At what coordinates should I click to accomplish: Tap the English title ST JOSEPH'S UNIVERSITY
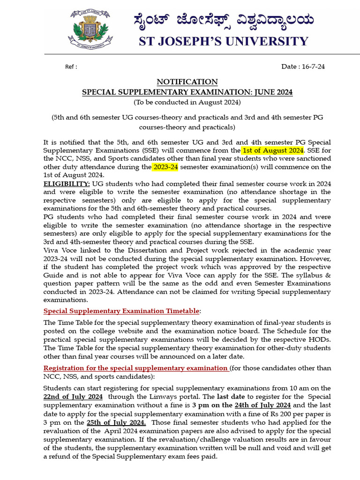click(x=224, y=41)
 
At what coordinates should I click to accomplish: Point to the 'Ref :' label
click(x=71, y=67)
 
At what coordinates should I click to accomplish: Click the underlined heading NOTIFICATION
click(x=187, y=82)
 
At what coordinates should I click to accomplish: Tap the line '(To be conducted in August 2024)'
click(x=187, y=102)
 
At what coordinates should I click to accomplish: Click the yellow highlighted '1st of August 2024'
click(x=273, y=150)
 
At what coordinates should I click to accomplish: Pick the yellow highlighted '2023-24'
click(x=165, y=167)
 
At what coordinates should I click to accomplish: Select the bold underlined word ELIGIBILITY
click(x=67, y=183)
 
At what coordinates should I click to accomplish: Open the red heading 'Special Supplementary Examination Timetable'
click(x=121, y=311)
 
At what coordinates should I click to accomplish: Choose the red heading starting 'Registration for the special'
click(x=136, y=368)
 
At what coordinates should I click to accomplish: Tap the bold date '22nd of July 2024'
click(x=73, y=397)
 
